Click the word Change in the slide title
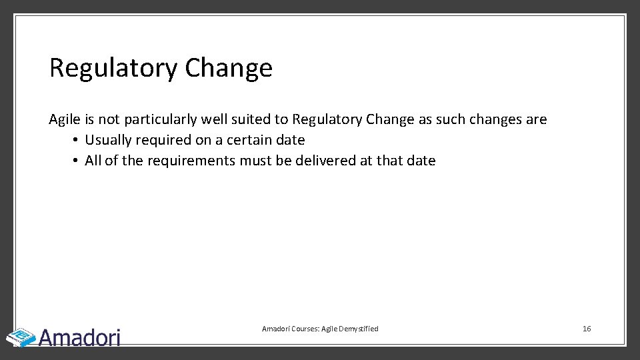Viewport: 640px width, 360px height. point(229,68)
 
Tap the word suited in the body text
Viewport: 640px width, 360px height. point(251,120)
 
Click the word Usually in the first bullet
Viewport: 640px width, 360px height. point(109,141)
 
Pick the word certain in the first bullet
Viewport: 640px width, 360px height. point(250,141)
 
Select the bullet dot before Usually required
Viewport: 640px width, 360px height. point(77,141)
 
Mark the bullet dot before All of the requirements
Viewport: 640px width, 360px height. point(77,161)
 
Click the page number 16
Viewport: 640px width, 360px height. point(587,329)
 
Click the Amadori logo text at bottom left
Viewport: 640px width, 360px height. point(80,337)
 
